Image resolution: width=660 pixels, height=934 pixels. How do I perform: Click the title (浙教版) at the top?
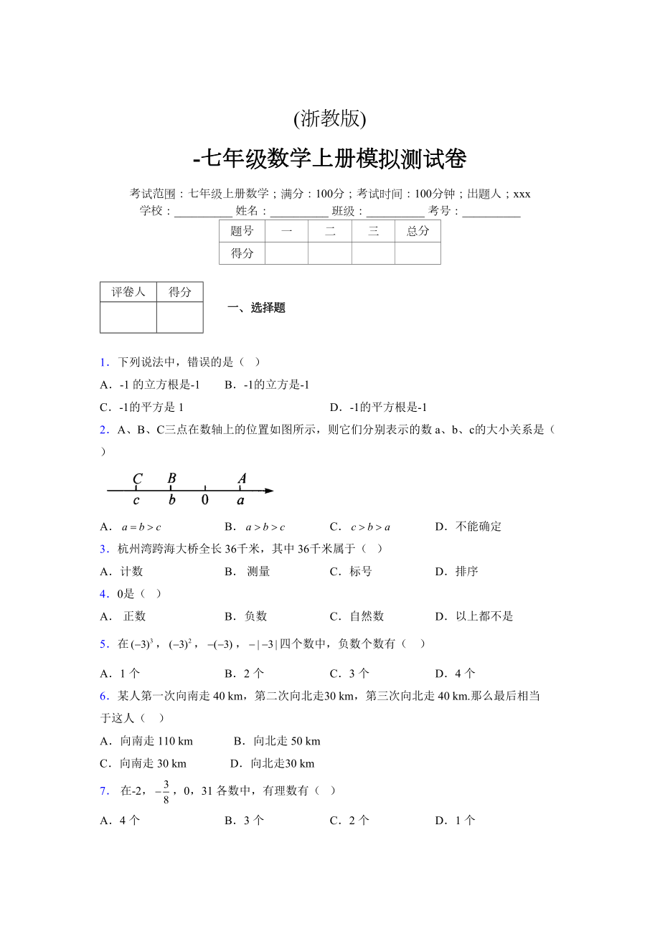click(x=329, y=118)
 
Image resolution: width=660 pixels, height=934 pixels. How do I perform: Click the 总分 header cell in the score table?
click(x=418, y=231)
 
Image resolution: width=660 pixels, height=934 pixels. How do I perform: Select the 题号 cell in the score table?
click(x=242, y=231)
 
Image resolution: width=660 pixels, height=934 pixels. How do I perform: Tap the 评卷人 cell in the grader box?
click(x=128, y=292)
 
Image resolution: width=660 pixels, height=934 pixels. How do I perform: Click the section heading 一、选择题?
click(x=256, y=308)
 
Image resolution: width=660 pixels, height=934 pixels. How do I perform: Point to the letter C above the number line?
click(x=137, y=478)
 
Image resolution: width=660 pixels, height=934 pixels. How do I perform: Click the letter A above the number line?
click(x=242, y=478)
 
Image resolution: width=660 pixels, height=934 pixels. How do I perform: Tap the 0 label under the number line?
click(x=205, y=500)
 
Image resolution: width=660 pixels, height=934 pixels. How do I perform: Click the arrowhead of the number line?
click(x=268, y=491)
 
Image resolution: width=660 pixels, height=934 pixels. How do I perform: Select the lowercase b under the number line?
click(x=171, y=500)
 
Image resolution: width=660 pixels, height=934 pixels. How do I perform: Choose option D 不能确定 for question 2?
click(x=468, y=527)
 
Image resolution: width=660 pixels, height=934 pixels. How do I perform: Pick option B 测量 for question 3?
click(x=248, y=572)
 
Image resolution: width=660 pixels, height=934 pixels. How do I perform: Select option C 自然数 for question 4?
click(x=357, y=616)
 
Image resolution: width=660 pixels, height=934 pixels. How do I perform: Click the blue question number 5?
click(x=104, y=644)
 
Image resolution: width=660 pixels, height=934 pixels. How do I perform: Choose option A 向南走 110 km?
click(x=146, y=741)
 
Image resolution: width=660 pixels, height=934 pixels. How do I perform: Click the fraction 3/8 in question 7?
click(x=165, y=791)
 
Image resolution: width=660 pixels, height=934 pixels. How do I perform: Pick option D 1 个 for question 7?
click(x=456, y=821)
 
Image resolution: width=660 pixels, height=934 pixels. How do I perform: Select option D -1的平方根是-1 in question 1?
click(x=379, y=407)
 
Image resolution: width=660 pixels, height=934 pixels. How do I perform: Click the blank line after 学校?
click(x=203, y=212)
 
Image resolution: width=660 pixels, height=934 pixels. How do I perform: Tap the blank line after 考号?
click(x=491, y=212)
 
